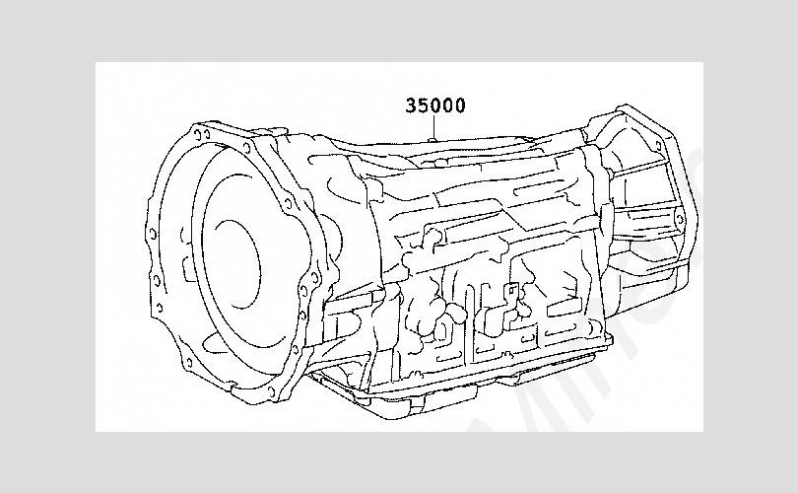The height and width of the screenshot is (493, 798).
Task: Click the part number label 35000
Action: point(435,105)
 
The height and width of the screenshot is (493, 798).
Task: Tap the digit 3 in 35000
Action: point(411,105)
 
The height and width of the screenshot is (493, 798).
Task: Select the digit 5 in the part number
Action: point(424,105)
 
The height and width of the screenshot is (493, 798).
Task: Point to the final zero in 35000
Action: point(459,105)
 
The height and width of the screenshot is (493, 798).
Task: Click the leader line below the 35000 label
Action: point(433,125)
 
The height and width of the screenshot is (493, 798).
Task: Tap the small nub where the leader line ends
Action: point(433,137)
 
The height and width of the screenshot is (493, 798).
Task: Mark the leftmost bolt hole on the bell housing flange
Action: point(152,234)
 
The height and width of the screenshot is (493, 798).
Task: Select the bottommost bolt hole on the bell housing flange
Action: point(271,391)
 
